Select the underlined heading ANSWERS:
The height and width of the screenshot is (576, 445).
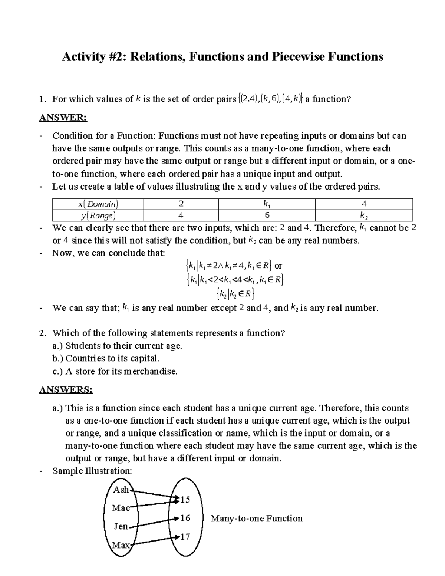point(66,390)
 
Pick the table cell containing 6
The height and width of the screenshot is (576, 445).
point(267,215)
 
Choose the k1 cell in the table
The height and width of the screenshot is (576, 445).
point(267,204)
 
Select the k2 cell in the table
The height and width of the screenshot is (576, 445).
point(364,215)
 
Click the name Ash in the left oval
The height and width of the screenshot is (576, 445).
point(121,490)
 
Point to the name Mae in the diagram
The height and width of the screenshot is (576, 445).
point(121,508)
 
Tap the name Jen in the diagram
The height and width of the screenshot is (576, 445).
point(121,526)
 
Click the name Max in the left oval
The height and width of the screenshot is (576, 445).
point(121,545)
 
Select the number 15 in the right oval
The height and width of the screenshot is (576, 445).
point(185,500)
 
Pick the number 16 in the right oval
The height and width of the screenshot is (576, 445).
point(185,518)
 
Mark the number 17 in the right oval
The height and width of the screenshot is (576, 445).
point(185,536)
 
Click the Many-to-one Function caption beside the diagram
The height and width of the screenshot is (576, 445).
point(256,518)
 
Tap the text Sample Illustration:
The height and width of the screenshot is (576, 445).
point(92,471)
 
